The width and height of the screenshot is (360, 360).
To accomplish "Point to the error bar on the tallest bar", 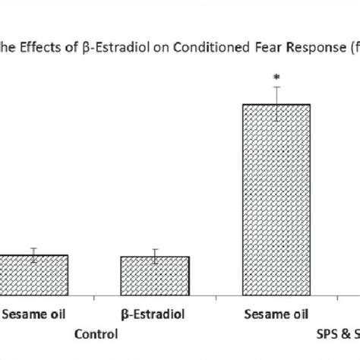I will pyautogui.click(x=276, y=95).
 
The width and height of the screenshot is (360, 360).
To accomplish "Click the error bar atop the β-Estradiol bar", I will pyautogui.click(x=155, y=256).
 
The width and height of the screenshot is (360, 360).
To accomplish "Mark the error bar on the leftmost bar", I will pyautogui.click(x=33, y=254).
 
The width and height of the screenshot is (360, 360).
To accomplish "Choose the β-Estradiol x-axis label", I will pyautogui.click(x=155, y=313).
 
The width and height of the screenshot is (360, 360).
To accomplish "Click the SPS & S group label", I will pyautogui.click(x=337, y=333).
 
